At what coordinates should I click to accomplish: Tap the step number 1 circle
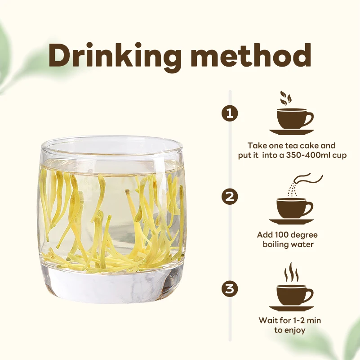(x=230, y=112)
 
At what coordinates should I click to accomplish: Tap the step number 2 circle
(x=230, y=197)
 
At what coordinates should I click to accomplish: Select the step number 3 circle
(x=230, y=288)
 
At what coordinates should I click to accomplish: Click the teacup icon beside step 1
(x=293, y=118)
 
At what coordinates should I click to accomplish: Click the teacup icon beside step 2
(x=293, y=208)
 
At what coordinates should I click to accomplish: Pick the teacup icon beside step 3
(x=293, y=294)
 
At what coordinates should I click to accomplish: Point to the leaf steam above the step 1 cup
(x=285, y=97)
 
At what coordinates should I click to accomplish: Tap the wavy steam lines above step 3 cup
(x=291, y=272)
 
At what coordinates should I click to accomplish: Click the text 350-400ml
(x=306, y=155)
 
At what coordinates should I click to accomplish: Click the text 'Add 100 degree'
(x=288, y=235)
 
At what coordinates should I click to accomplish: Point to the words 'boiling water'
(x=288, y=244)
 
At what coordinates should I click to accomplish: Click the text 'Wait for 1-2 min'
(x=290, y=320)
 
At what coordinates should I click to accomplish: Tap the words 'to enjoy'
(x=290, y=330)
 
